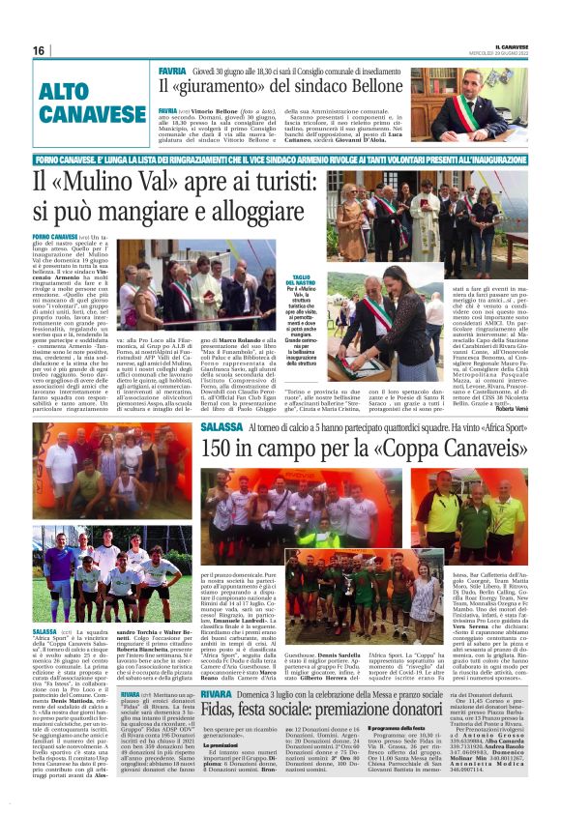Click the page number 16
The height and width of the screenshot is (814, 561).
(39, 50)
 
